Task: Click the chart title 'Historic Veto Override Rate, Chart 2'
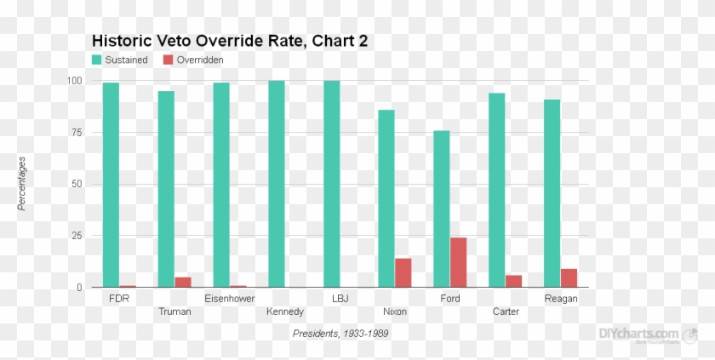(x=229, y=41)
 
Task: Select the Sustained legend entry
(x=120, y=60)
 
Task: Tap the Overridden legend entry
(x=193, y=60)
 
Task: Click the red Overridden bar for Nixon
(x=403, y=272)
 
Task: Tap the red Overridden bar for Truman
(x=183, y=282)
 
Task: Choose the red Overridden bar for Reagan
(x=569, y=277)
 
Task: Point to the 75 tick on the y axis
(x=76, y=133)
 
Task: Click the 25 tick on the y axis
(x=76, y=236)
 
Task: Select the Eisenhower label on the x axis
(x=230, y=299)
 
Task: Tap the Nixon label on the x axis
(x=395, y=311)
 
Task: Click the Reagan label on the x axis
(x=561, y=299)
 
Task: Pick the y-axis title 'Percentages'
(x=23, y=183)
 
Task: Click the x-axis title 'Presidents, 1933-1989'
(x=340, y=334)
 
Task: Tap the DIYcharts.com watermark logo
(x=639, y=335)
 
